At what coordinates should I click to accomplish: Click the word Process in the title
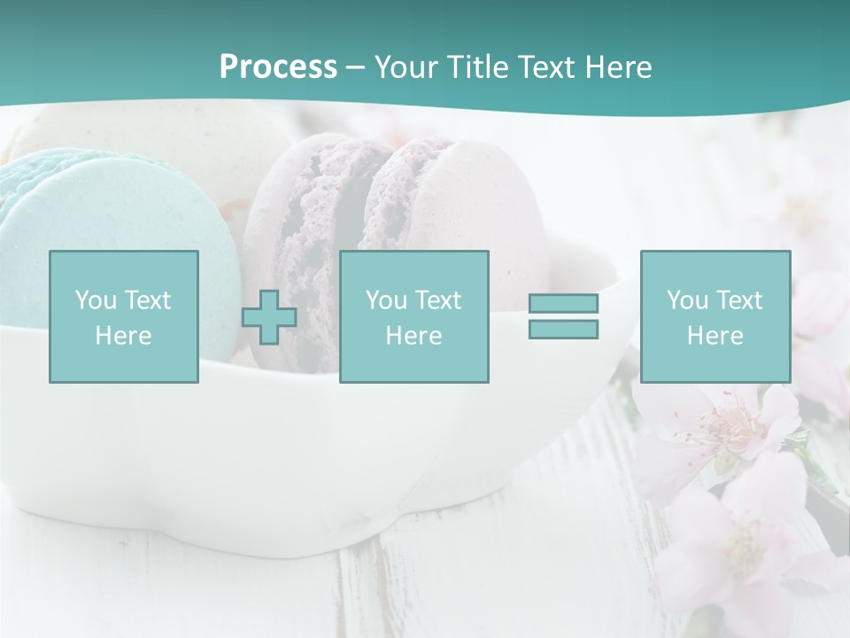pos(278,67)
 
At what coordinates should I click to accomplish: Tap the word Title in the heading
pos(475,67)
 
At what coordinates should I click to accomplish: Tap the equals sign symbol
pos(563,316)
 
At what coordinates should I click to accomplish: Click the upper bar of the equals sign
pos(563,303)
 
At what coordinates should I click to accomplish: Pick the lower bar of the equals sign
pos(563,330)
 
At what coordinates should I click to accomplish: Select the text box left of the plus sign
pos(124,316)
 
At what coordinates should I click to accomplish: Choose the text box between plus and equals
pos(414,316)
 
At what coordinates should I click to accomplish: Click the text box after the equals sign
pos(715,316)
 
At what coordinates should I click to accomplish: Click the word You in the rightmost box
pos(687,300)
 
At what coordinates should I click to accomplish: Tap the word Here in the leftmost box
pos(123,336)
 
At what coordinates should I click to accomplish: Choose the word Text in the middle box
pos(437,300)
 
